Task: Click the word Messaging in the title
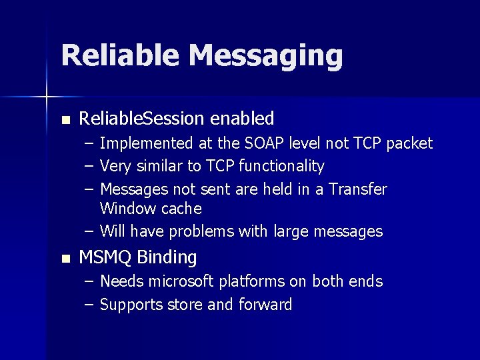click(x=265, y=56)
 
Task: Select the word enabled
click(x=243, y=119)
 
